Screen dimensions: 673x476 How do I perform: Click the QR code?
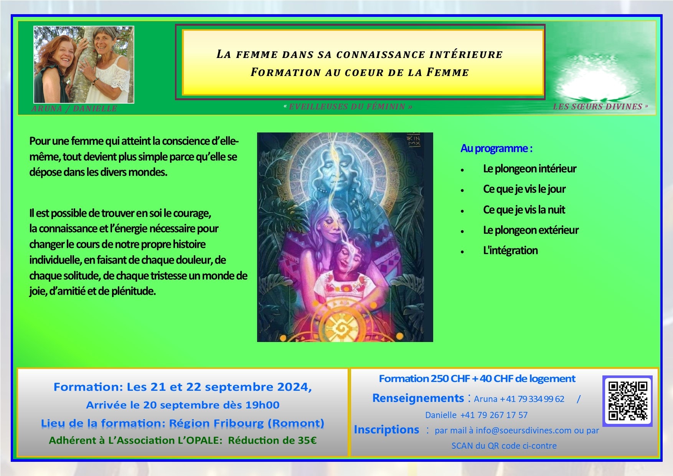coord(628,401)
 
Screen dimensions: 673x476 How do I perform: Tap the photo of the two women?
coord(84,64)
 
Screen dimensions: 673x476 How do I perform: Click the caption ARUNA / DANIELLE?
coord(74,109)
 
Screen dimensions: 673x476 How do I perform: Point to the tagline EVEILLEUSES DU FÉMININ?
coord(347,107)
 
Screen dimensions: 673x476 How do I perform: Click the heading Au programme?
coord(497,149)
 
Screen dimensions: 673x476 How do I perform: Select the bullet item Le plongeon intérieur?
coord(529,169)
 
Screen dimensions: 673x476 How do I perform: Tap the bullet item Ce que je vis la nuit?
coord(524,210)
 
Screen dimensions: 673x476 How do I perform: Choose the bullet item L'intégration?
coord(510,251)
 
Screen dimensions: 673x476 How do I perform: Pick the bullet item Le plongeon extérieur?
coord(531,230)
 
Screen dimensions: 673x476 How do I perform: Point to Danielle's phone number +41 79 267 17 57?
coord(494,415)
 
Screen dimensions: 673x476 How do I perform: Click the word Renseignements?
coord(418,398)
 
